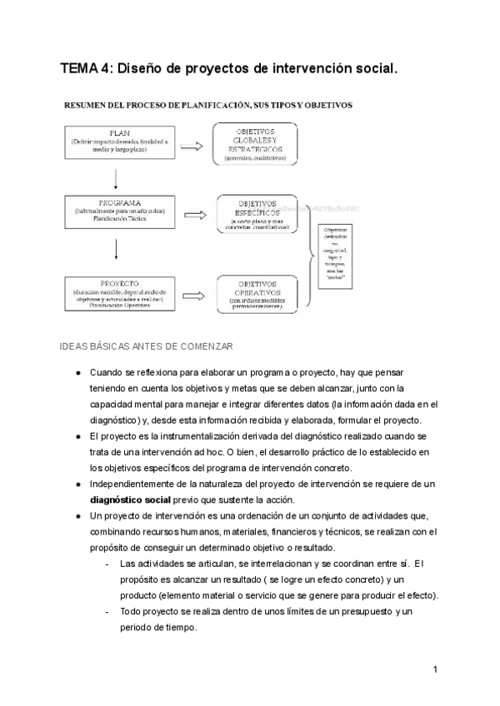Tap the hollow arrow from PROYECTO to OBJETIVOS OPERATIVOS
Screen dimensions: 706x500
tap(193, 295)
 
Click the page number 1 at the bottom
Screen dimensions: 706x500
tap(436, 669)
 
